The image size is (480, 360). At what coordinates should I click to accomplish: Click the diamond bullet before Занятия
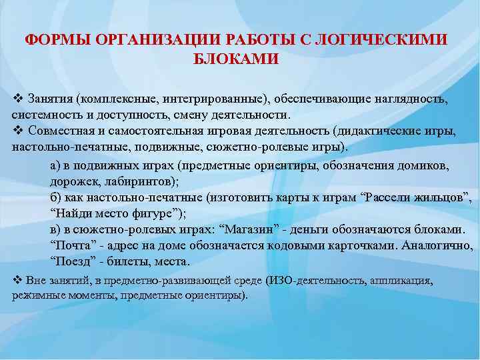pos(17,99)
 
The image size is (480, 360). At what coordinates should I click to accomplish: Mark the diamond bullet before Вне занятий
pos(17,279)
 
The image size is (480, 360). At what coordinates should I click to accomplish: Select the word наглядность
pos(407,99)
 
